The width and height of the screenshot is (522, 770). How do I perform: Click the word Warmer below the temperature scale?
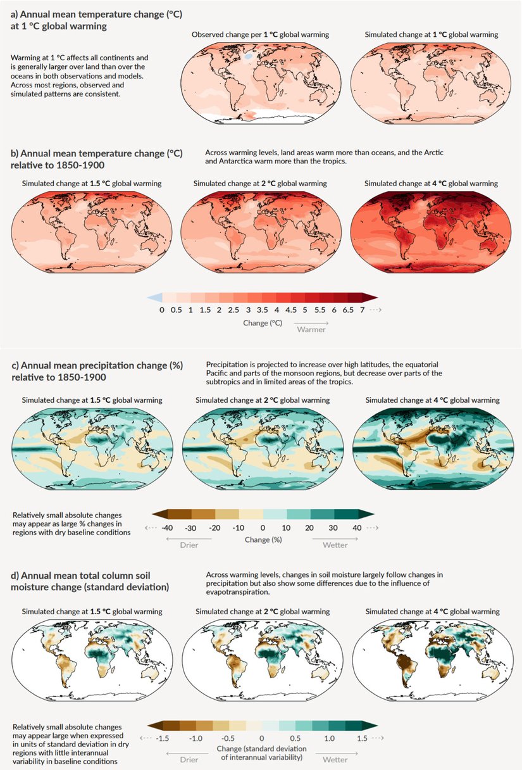coord(311,329)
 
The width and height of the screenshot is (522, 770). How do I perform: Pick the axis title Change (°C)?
coord(261,322)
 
